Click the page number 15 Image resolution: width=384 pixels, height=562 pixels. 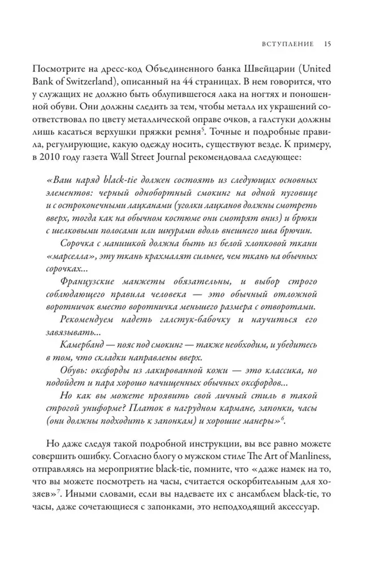[x=327, y=44]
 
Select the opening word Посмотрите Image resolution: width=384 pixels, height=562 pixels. [x=66, y=69]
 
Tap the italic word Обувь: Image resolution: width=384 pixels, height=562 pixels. [x=73, y=370]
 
